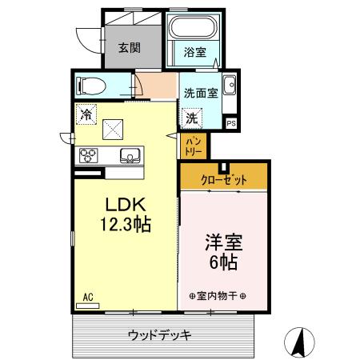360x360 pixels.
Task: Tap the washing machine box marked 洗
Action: click(x=192, y=117)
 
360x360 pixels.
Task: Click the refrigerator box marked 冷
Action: click(x=86, y=114)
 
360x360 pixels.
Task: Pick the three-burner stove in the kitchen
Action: click(x=88, y=155)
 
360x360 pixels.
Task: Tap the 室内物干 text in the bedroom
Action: click(x=218, y=295)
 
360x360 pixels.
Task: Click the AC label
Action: click(x=87, y=298)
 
